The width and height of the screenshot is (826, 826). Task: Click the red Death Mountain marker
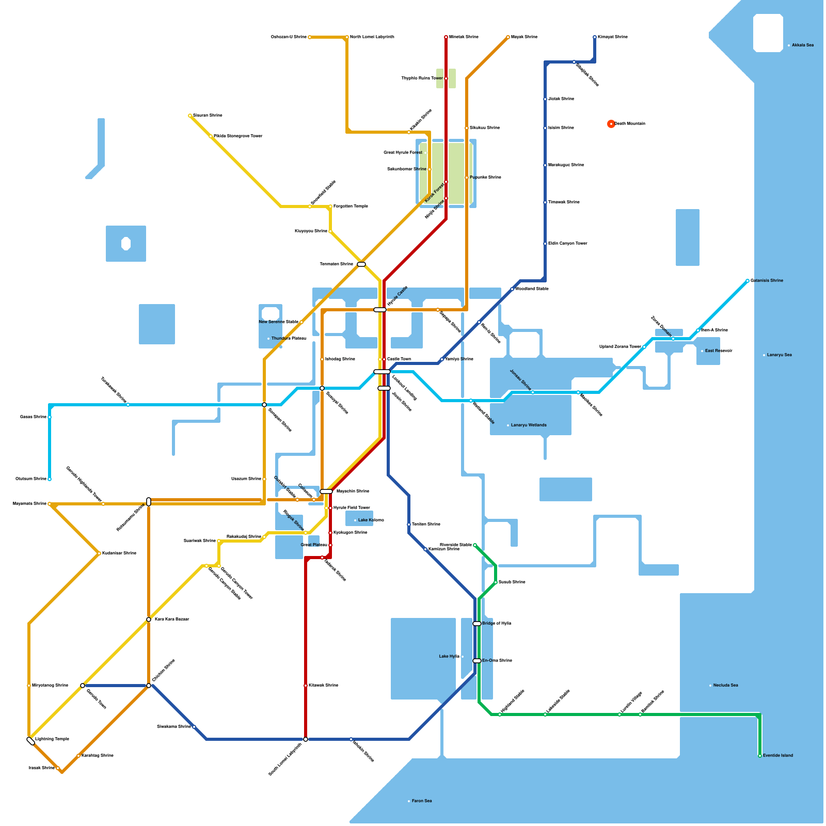[611, 124]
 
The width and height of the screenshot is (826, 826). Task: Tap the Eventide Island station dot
[760, 756]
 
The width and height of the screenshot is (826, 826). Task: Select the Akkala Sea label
[802, 45]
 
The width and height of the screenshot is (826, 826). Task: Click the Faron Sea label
[422, 801]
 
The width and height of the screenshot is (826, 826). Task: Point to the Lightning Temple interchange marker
[31, 741]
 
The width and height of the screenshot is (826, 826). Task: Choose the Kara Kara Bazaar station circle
[149, 619]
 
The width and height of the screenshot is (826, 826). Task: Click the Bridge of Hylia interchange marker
[477, 624]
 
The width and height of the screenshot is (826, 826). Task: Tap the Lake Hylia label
[449, 657]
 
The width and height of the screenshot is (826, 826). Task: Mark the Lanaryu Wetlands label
[529, 425]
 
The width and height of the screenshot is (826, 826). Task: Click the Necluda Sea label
[725, 686]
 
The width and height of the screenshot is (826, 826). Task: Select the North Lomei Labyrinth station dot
[347, 37]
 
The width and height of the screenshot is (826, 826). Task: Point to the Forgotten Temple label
[351, 206]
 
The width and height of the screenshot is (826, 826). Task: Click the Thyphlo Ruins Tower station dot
[446, 78]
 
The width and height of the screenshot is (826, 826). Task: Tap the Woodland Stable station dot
[512, 289]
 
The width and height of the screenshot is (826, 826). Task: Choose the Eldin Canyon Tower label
[567, 244]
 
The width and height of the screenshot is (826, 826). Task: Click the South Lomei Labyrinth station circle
[306, 739]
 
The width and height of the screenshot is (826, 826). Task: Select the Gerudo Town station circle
[83, 686]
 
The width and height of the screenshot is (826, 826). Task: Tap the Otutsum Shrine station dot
[50, 479]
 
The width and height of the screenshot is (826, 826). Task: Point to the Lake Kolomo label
[371, 520]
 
